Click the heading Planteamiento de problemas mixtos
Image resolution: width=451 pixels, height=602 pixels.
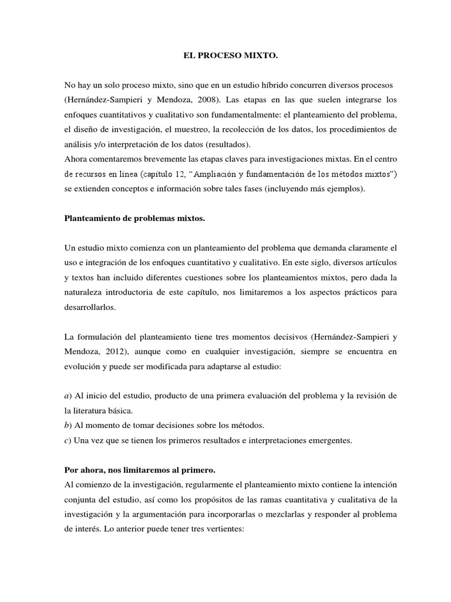click(134, 219)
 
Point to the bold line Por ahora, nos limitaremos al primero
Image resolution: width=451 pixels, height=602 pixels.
click(140, 470)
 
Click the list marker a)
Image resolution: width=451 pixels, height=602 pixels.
click(68, 396)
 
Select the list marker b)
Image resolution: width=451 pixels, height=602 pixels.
click(68, 426)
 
